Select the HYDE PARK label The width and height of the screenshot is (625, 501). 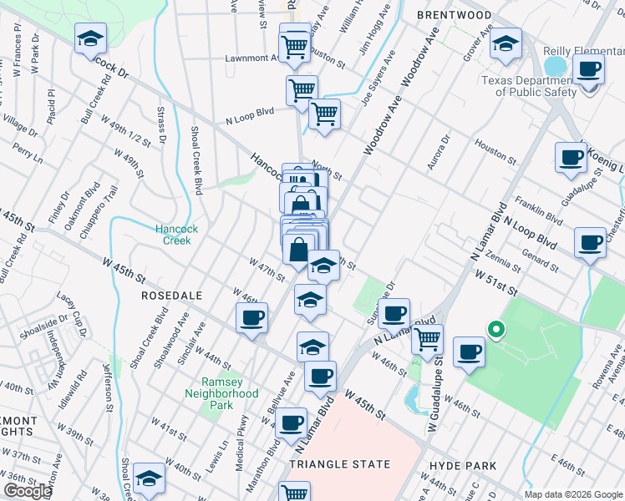[462, 466]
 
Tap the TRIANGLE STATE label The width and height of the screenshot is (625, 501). [339, 463]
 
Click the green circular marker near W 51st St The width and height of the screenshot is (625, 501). [495, 331]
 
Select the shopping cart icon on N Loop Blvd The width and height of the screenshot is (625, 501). [324, 114]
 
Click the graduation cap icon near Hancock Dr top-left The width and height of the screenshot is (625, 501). [89, 38]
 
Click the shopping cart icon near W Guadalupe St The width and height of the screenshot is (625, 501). [427, 338]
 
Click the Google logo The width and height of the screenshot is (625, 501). [28, 491]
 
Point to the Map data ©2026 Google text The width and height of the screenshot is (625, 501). [573, 494]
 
